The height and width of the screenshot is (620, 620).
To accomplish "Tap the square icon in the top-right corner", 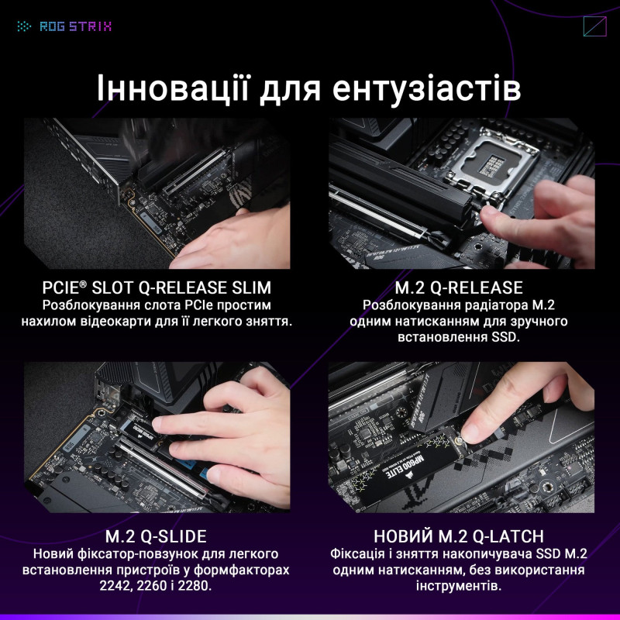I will point(594,26).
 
